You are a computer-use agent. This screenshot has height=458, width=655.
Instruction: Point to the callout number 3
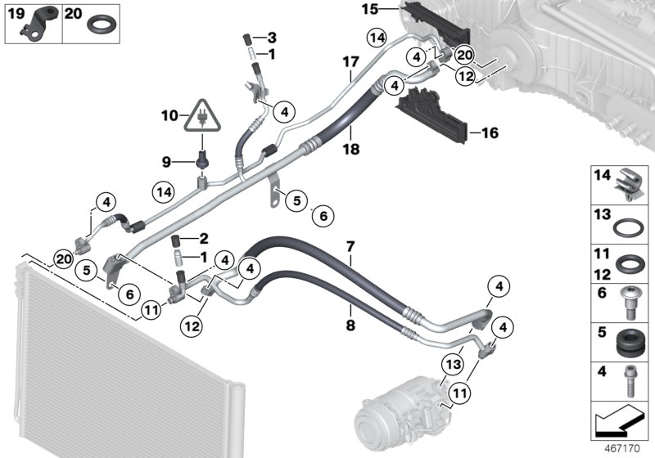(x=273, y=38)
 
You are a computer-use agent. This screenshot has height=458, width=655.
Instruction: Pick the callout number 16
(x=490, y=131)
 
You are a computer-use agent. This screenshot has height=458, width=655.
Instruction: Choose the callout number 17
(x=350, y=245)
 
